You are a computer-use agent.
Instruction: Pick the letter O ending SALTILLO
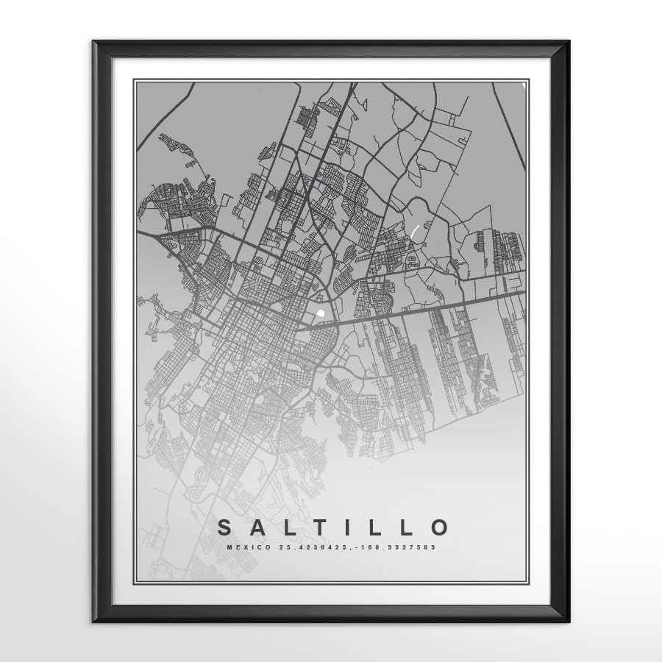tap(439, 527)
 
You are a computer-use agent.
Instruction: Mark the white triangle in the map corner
tap(524, 85)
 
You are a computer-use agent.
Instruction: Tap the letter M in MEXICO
tap(230, 547)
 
